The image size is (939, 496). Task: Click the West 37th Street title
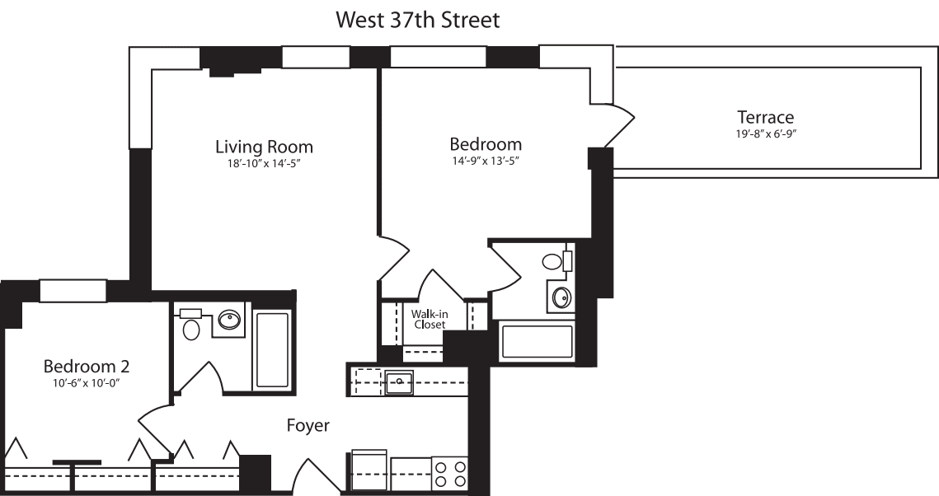tap(418, 20)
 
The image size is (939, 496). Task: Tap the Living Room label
tap(264, 147)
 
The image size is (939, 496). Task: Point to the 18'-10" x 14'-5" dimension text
tap(264, 163)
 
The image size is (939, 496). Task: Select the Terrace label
tap(765, 117)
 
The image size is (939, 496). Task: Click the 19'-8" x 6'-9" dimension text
tap(765, 132)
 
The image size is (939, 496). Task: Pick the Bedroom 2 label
tap(86, 366)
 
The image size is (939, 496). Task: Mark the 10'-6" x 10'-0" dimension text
tap(86, 382)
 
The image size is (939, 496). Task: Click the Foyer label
tap(308, 426)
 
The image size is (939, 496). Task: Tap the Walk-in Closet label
tap(429, 319)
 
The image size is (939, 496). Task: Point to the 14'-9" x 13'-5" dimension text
tap(485, 161)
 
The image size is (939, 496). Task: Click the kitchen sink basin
tap(399, 381)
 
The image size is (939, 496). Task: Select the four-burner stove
tap(449, 473)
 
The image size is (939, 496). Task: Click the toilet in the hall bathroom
tap(191, 329)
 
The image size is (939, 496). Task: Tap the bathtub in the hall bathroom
tap(271, 348)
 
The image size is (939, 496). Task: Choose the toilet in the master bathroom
tap(552, 263)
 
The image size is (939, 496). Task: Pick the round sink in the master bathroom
tap(562, 297)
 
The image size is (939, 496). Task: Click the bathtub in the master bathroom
tap(536, 342)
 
